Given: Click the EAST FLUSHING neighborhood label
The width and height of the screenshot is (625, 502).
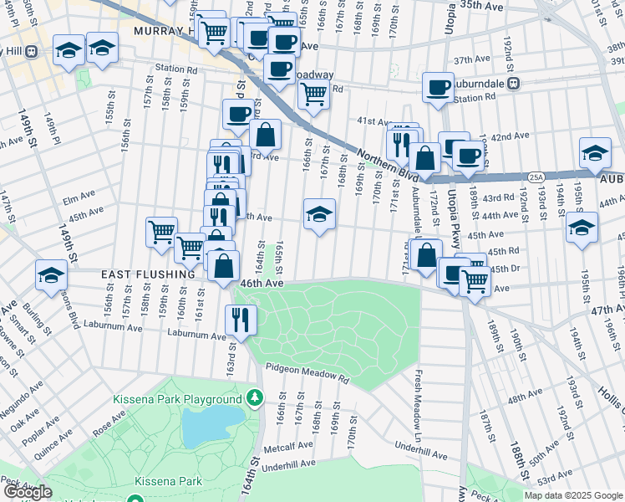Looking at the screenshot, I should point(148,274).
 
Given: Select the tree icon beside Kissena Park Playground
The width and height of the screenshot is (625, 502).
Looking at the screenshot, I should point(253,400).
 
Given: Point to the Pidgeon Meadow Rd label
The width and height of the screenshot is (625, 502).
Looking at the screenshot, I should point(307,374).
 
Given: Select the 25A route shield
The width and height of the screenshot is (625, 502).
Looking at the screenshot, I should point(536,177).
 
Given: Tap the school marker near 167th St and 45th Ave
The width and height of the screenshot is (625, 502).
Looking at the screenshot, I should point(319,214).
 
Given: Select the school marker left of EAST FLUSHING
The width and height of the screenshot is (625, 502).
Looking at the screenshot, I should point(51,274).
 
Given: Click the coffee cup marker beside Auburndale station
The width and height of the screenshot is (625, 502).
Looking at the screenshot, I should point(437,86).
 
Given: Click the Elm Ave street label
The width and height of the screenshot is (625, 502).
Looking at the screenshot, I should point(79,199).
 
